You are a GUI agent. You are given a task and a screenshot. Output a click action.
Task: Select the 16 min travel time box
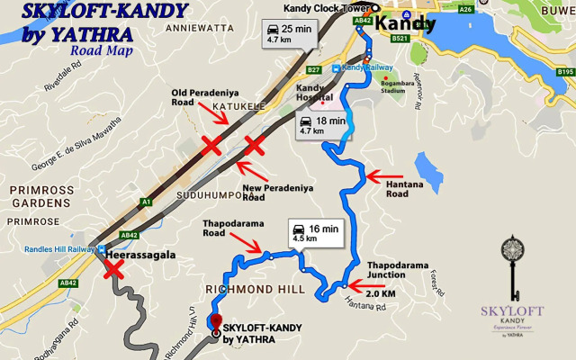[314, 233]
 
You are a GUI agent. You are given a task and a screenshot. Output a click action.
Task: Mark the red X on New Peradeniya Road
[254, 145]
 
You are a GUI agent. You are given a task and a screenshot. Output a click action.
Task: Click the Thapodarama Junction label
[394, 271]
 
